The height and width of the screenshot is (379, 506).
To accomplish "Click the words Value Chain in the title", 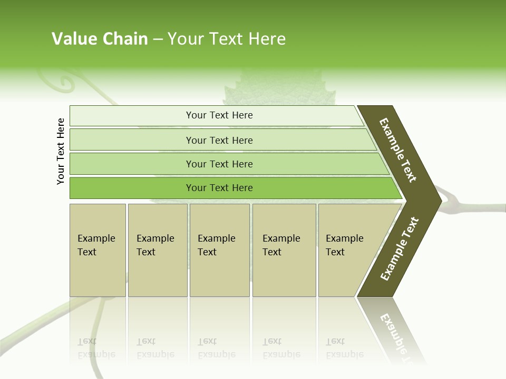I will (100, 39).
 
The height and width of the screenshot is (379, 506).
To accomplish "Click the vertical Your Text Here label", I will (61, 151).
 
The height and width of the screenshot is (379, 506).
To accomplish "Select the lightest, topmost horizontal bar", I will (219, 115).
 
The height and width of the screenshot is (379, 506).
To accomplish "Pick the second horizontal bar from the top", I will (219, 140).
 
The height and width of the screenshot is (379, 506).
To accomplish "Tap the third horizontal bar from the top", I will (219, 164).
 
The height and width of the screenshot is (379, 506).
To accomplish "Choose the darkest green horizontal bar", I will (219, 188).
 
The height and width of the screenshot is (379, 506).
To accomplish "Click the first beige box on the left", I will (98, 250).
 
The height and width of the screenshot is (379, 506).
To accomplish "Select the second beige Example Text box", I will (157, 250).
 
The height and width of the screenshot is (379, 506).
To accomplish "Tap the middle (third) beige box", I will (219, 250).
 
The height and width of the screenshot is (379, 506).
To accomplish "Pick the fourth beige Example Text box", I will (284, 250).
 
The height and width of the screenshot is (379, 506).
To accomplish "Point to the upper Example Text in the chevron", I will (398, 150).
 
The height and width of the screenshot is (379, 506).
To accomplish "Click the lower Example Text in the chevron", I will (399, 248).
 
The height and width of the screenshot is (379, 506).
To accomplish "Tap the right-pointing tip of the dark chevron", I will (438, 201).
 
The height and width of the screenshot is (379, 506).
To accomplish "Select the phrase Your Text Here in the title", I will (227, 39).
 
